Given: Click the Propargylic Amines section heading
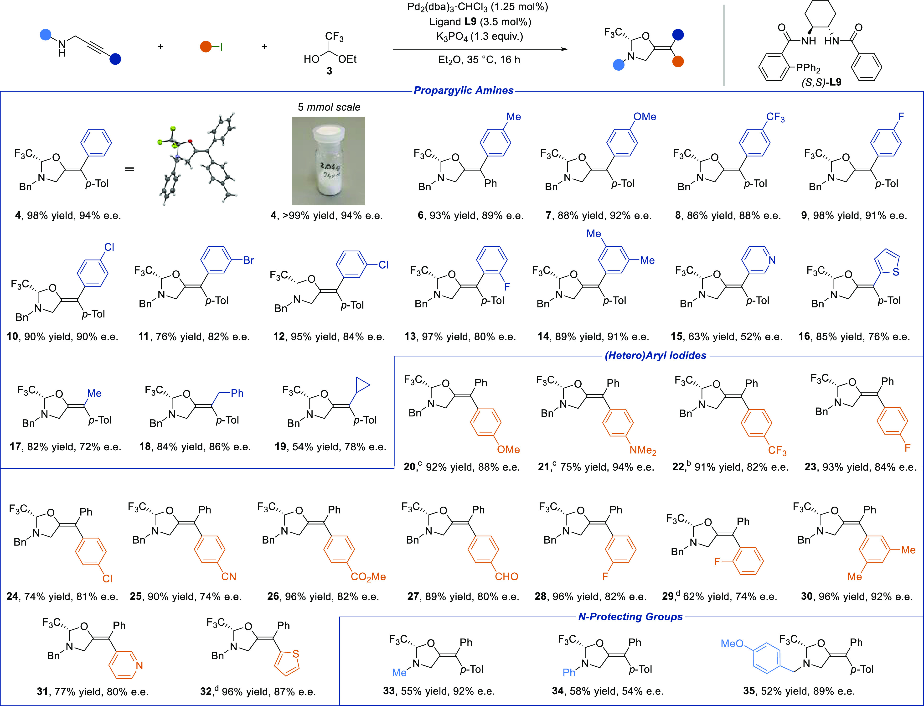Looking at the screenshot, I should [464, 90].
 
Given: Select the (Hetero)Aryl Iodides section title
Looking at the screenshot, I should [656, 356].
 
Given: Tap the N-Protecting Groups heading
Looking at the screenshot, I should [630, 617].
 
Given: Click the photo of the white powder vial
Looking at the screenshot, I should [328, 161].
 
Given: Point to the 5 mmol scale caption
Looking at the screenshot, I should [329, 107].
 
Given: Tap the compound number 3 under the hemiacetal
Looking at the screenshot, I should [330, 71].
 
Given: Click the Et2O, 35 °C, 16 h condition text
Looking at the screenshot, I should [479, 60].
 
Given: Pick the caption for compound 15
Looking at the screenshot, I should [727, 337].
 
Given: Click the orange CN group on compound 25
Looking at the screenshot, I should [229, 576].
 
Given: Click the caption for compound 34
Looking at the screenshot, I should [608, 691].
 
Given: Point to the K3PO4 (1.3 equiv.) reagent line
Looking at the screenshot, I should [480, 36].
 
